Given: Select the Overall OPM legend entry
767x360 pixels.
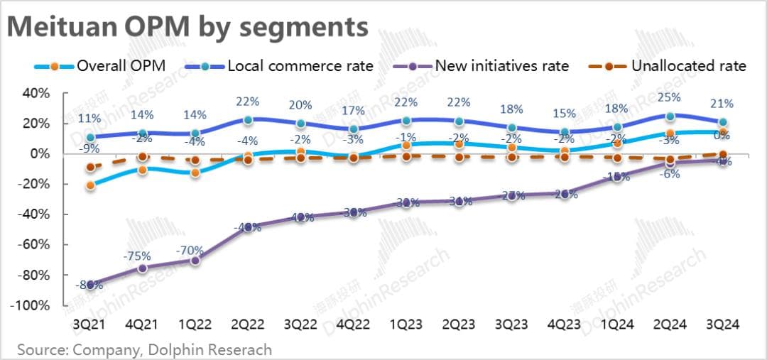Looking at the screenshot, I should (x=100, y=66).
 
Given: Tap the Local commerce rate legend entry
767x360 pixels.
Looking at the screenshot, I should (x=281, y=66).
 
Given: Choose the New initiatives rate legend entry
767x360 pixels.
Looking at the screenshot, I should (x=484, y=66).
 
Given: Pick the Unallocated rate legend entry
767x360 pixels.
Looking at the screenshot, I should (x=670, y=66).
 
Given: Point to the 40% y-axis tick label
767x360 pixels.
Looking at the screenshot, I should (x=35, y=93).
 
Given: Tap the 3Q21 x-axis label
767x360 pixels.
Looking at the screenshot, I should (x=90, y=324).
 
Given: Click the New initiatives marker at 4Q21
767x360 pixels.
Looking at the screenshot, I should (x=143, y=268).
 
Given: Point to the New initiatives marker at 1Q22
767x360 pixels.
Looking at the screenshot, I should (x=195, y=260).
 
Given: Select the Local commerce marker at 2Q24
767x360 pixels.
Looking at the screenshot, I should (x=670, y=116).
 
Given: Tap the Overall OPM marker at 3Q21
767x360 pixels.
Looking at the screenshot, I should (x=90, y=185).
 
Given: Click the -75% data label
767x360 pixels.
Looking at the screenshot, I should (x=141, y=255).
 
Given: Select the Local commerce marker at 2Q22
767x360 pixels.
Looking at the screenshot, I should (x=248, y=121).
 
